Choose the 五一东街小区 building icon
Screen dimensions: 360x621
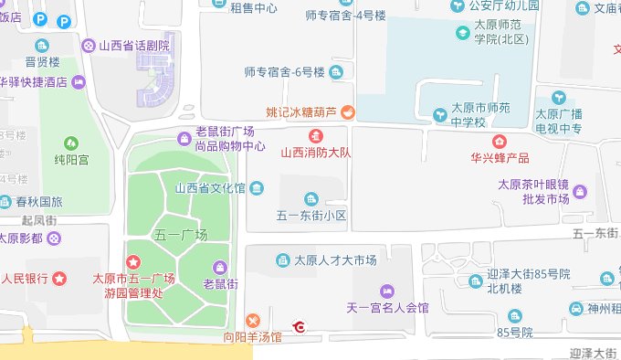311,198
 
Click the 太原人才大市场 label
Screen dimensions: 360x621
334,261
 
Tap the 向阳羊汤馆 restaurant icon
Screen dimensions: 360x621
253,320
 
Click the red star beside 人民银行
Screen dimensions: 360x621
59,278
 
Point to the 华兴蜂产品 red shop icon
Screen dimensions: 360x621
499,141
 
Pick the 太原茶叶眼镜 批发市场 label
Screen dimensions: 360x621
540,191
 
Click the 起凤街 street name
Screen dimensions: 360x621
39,220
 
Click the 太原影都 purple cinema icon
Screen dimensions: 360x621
56,238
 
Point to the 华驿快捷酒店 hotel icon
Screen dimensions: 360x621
79,82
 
